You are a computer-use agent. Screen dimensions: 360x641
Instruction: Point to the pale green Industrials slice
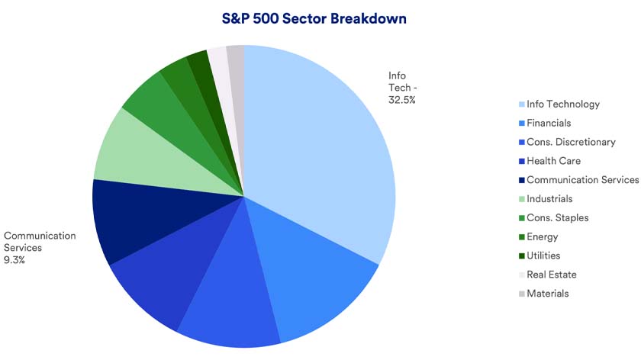(134, 153)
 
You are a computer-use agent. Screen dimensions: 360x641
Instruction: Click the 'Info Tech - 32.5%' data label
(401, 88)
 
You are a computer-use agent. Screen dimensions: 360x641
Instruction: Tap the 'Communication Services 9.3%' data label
(40, 248)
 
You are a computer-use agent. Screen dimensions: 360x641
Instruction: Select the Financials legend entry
(549, 123)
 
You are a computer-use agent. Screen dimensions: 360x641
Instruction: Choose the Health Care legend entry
(553, 161)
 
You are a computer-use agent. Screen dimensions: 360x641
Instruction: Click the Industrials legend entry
(549, 199)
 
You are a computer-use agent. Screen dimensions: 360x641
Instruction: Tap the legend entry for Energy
(543, 237)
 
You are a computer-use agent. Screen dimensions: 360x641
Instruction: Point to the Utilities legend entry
(543, 256)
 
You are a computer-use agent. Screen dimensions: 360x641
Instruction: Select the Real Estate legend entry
(552, 275)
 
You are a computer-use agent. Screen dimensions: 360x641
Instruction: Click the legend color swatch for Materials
(521, 294)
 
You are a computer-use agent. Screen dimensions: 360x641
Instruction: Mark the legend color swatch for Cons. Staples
(521, 218)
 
